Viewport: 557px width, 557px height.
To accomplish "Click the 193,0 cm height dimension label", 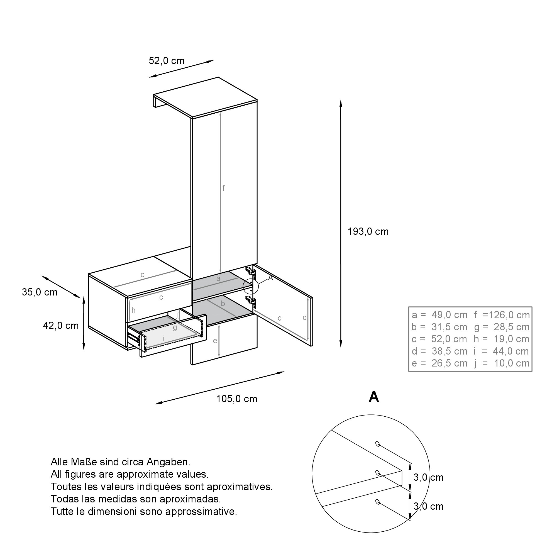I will coord(368,231).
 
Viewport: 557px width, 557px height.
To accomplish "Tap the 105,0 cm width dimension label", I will coord(237,399).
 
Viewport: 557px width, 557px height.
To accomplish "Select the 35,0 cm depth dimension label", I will coord(40,292).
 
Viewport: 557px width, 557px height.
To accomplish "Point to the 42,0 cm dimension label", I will coord(61,326).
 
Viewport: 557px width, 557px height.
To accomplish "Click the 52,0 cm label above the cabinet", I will coord(167,60).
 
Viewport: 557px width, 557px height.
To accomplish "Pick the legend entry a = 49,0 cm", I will coord(439,315).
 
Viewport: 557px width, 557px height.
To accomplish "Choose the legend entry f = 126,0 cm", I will coord(502,315).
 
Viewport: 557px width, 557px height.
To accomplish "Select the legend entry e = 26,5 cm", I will coord(439,363).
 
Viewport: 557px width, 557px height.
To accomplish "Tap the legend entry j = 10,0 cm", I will coord(502,363).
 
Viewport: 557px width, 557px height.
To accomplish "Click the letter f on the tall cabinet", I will coord(223,188).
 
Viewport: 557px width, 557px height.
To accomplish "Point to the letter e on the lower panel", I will coord(215,341).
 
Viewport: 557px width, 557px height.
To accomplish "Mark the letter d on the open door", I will coord(305,317).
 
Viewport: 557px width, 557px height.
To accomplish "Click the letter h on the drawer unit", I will coord(133,311).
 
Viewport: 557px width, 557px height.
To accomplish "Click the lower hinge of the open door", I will coord(251,301).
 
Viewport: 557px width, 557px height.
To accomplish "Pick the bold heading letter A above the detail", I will coord(374,397).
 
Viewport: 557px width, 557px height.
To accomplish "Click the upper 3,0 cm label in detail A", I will coord(428,477).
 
